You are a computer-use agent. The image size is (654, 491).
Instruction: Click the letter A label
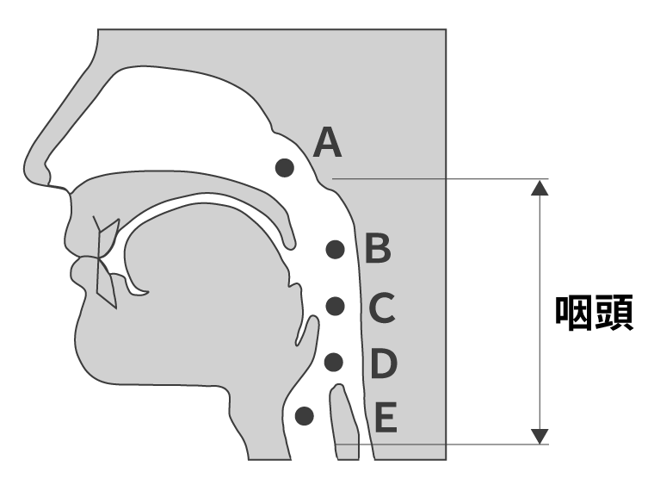point(327,143)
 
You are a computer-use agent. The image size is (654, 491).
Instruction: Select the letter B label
point(378,249)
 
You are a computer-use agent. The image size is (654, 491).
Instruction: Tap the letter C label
point(382,308)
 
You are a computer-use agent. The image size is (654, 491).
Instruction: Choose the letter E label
point(386,417)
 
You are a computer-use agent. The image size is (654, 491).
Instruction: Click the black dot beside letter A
point(285,168)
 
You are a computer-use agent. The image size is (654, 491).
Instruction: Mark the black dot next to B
point(335,250)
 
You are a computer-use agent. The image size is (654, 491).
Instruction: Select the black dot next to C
point(335,306)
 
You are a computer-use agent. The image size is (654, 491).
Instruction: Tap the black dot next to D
point(334,363)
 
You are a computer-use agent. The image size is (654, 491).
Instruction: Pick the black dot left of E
point(305,416)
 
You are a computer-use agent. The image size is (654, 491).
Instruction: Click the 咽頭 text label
point(594,313)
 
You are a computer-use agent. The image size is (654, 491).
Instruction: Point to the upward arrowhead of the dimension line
point(540,188)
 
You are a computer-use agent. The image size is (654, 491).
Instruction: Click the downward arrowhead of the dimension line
point(540,437)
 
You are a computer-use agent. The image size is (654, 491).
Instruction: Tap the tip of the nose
point(26,169)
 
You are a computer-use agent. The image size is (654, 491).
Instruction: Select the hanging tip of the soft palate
point(290,245)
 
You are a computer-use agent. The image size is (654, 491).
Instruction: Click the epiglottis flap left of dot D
point(306,330)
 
